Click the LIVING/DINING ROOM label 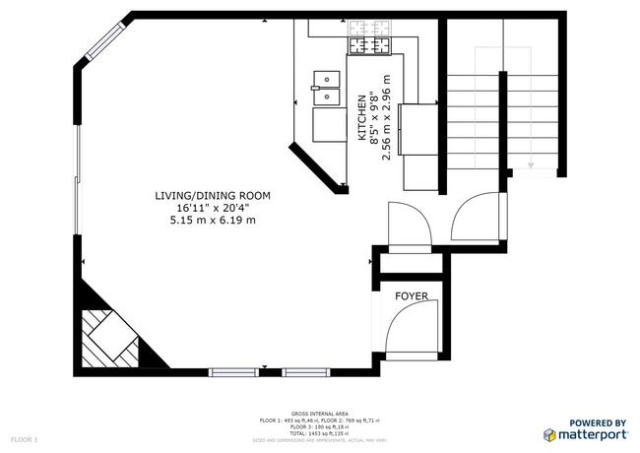coord(212,196)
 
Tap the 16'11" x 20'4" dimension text coord(212,208)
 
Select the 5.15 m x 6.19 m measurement coord(212,220)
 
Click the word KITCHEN coord(362,118)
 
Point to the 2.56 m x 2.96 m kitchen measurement coord(387,118)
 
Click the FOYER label coord(411,296)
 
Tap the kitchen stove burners coord(368,44)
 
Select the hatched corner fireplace coord(108,335)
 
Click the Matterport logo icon coord(548,434)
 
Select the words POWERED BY coord(598,422)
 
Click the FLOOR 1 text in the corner coord(25,438)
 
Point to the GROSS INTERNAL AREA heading coord(320,414)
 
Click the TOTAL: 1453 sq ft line coord(320,433)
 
